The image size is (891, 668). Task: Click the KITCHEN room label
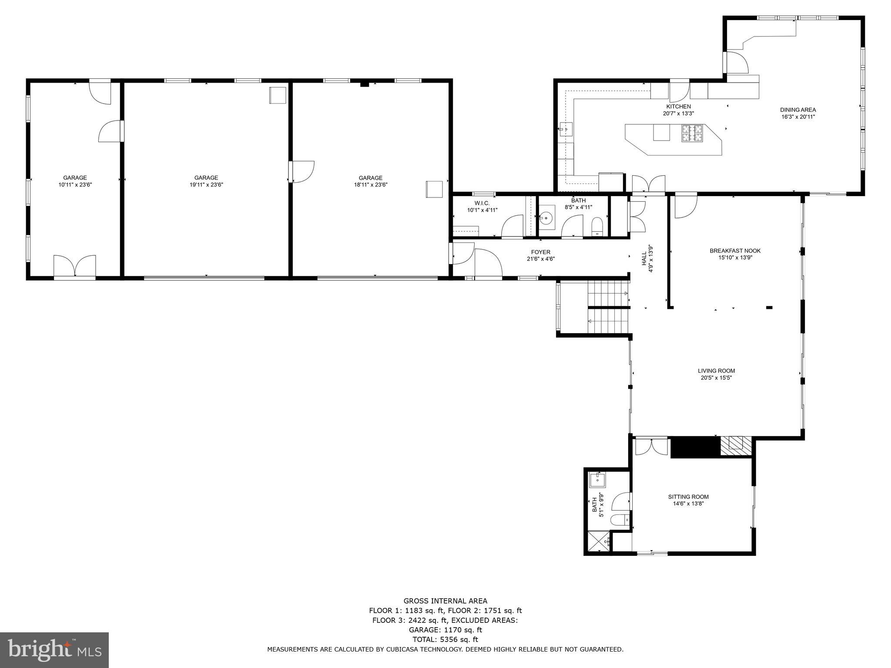(678, 107)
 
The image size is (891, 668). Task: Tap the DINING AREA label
(797, 110)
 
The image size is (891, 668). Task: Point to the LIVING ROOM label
(716, 371)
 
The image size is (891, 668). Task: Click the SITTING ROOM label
(688, 497)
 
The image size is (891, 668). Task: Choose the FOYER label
(540, 252)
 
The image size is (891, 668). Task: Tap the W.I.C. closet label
(482, 204)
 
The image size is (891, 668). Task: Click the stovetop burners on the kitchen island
(692, 134)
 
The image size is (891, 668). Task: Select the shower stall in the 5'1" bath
(598, 542)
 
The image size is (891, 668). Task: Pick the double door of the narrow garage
(75, 266)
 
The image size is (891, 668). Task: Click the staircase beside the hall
(608, 307)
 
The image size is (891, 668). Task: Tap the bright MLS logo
(54, 650)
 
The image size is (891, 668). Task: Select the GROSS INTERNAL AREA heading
(445, 601)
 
